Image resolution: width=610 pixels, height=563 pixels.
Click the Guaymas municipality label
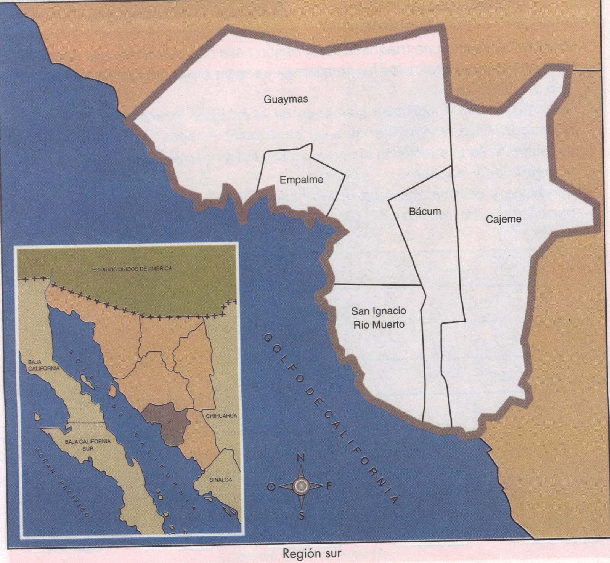click(x=286, y=99)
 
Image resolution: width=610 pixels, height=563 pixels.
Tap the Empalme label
click(x=301, y=180)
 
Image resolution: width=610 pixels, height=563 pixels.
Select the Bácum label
click(x=425, y=211)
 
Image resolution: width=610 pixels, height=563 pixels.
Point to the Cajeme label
click(x=504, y=219)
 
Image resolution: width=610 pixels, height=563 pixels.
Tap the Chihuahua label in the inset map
click(x=222, y=416)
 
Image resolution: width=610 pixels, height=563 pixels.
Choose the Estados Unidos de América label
click(x=132, y=269)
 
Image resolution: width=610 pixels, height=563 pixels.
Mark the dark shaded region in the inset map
click(x=168, y=423)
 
